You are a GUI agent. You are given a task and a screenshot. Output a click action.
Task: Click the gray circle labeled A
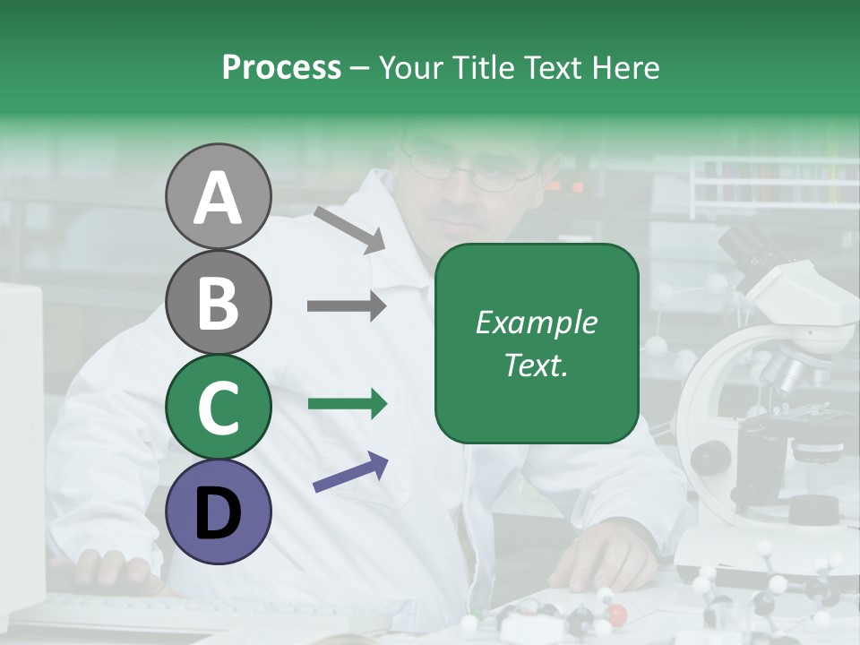point(218,196)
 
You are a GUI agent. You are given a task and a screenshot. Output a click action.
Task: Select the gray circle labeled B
point(218,302)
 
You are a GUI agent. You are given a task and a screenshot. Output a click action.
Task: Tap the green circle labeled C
point(218,407)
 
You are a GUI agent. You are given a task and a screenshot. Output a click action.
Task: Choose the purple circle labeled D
point(218,512)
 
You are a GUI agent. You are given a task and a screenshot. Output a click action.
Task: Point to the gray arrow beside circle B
point(347,306)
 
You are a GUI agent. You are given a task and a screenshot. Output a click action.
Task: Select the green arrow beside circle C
point(347,404)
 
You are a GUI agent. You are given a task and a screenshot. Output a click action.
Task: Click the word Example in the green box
point(536,322)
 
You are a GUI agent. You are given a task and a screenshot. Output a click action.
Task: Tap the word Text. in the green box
point(536,365)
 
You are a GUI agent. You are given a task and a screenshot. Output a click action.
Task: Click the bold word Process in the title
point(281,67)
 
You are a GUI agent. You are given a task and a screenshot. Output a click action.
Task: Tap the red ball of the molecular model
point(616,614)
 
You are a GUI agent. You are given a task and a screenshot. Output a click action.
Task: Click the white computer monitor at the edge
point(20,430)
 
